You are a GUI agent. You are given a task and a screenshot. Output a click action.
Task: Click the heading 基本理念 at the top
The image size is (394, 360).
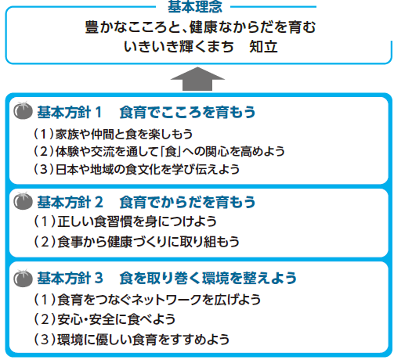(195, 6)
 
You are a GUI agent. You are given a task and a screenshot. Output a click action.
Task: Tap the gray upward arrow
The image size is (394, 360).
(197, 79)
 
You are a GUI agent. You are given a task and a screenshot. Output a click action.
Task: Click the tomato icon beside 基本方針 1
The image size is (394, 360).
(23, 110)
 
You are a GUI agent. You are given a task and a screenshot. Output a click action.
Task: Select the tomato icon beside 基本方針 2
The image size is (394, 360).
(23, 201)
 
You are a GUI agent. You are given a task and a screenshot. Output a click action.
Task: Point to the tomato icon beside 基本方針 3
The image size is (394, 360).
(23, 278)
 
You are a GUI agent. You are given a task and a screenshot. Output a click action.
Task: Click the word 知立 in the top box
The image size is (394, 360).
(263, 47)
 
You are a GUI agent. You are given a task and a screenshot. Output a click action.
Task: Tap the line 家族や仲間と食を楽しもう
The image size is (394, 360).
(124, 134)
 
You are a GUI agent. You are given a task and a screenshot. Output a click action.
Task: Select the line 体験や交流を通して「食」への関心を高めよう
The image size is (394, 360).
(170, 152)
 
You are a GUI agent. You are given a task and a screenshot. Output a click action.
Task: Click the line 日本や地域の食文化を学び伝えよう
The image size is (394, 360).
(147, 169)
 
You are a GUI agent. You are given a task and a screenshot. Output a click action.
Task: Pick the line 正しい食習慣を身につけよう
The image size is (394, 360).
(137, 221)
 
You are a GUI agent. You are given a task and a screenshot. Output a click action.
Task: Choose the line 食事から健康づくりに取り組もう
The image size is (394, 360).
(148, 242)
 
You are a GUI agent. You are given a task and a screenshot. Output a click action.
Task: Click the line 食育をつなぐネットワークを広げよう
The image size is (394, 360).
(159, 300)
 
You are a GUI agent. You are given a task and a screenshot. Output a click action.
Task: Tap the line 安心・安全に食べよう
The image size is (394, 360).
(116, 319)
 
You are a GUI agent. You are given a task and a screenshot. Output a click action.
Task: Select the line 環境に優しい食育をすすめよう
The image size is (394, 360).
(143, 340)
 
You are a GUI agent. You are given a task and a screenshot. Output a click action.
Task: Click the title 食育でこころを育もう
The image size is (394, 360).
(187, 112)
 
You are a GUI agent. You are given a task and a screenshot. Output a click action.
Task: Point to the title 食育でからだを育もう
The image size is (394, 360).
(187, 202)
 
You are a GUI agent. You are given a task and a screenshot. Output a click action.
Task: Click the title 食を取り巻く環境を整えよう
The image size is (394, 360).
(208, 278)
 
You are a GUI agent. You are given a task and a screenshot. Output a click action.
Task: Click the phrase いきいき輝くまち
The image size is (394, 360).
(179, 47)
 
